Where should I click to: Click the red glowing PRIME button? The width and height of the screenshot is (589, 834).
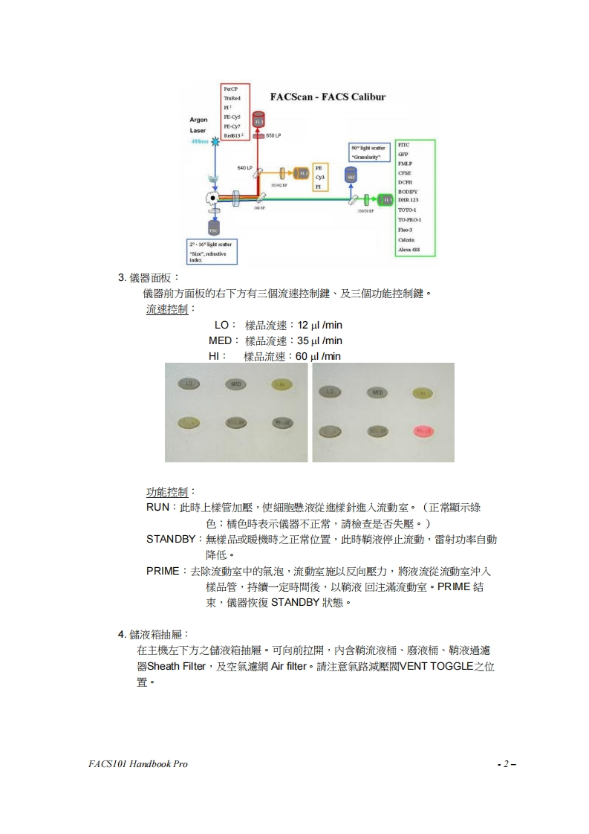tap(424, 431)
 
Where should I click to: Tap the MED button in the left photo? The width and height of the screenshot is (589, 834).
tap(236, 384)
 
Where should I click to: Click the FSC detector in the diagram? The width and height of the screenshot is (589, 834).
tap(214, 225)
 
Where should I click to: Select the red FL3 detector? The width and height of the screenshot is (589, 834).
tap(258, 121)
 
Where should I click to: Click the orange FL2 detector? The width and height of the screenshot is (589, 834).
tap(301, 173)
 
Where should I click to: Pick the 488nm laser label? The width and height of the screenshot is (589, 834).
tap(201, 140)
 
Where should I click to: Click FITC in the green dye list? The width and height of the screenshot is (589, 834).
tap(404, 146)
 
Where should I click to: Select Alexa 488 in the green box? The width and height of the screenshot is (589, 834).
tap(409, 250)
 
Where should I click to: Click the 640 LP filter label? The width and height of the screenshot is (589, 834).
tap(246, 168)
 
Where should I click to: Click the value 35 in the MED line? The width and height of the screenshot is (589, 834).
tap(302, 340)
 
